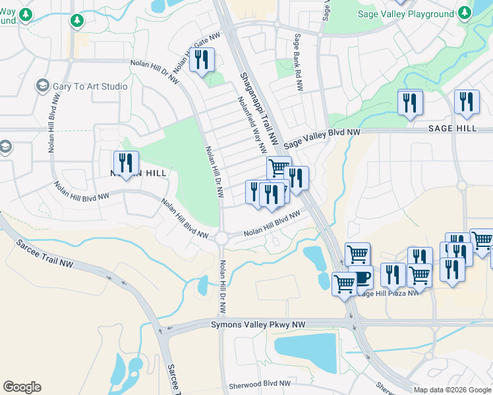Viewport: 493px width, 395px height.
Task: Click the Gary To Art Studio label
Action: (x=91, y=86)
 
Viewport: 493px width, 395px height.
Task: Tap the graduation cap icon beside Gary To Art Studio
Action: (x=43, y=86)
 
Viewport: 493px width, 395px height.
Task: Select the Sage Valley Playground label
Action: (x=405, y=14)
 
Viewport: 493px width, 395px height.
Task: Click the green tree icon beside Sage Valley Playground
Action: (x=465, y=14)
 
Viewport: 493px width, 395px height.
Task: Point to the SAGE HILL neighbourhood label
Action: (x=452, y=128)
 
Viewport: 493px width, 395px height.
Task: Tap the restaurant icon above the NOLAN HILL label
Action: (x=125, y=163)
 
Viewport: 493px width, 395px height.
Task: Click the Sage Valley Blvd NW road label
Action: (x=322, y=138)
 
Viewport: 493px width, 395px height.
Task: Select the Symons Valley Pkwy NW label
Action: (x=258, y=325)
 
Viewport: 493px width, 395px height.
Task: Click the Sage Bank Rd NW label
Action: (x=298, y=63)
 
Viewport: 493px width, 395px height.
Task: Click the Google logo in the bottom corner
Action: (x=22, y=387)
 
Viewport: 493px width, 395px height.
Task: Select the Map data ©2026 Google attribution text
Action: (x=452, y=390)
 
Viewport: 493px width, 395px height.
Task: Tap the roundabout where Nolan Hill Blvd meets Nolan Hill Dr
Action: (x=221, y=238)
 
